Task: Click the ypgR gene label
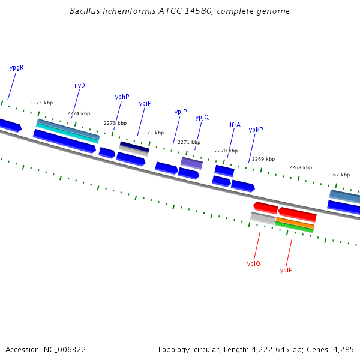coord(16,67)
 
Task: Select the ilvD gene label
coord(80,85)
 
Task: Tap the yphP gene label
coord(122,97)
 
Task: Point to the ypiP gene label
coord(145,104)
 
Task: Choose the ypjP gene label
coord(181,112)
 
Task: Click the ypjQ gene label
coord(202,118)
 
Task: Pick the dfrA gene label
coord(234,125)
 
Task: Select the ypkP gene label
coord(256,130)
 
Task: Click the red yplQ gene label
coord(254,263)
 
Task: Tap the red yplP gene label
coord(286,270)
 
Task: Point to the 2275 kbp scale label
coord(41,103)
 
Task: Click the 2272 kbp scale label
coord(152,133)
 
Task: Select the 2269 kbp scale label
coord(263,159)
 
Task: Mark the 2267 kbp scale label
coord(338,175)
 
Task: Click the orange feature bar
coord(295,223)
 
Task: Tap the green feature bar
coord(294,227)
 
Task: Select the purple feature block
coord(191,163)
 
